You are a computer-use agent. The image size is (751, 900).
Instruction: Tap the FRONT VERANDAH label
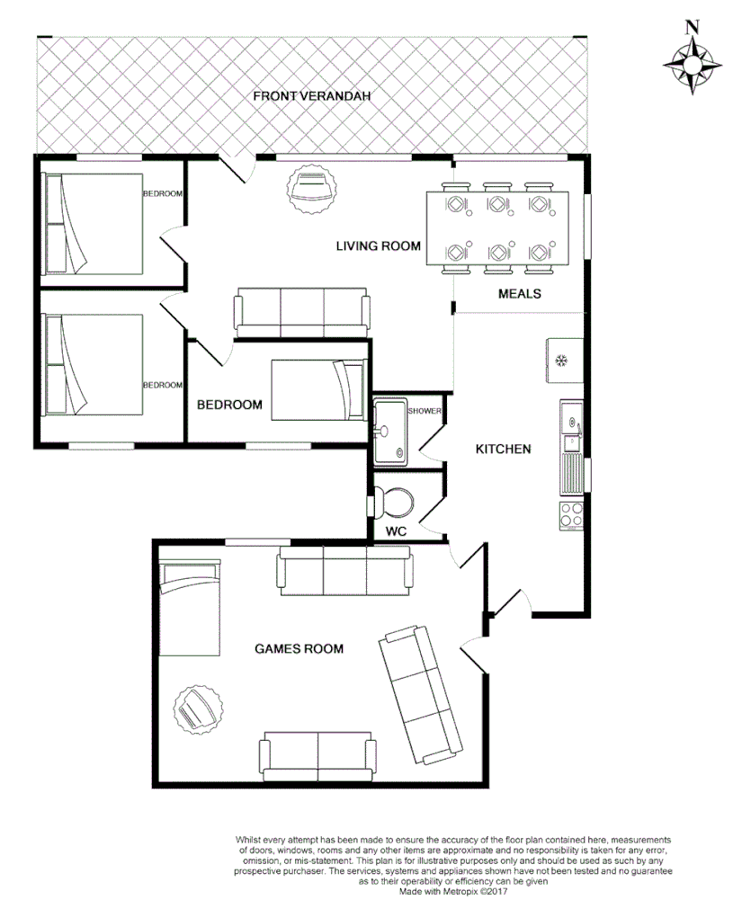pos(312,96)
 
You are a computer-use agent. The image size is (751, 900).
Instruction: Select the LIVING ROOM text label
pos(378,246)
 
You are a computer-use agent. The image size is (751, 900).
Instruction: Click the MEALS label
pos(519,293)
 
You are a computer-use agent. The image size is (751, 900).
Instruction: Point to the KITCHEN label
pos(503,449)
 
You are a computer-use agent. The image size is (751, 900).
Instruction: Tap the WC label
pos(397,531)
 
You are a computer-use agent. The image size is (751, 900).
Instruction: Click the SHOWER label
pos(425,411)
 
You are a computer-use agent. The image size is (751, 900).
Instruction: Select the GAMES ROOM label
pos(299,648)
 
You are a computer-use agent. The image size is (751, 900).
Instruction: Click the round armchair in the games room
pos(197,709)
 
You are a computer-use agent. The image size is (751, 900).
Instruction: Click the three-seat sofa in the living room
pos(301,311)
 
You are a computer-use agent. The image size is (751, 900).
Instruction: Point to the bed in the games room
pos(189,608)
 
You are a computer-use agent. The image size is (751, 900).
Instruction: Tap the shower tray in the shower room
pos(392,432)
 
